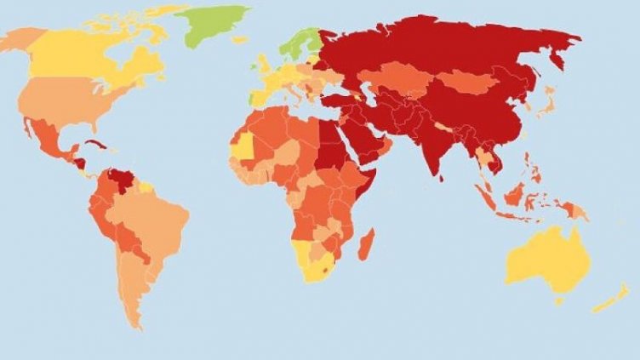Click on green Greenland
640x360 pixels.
pos(217,24)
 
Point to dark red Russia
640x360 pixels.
pos(443,51)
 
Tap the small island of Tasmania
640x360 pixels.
pos(559,299)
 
